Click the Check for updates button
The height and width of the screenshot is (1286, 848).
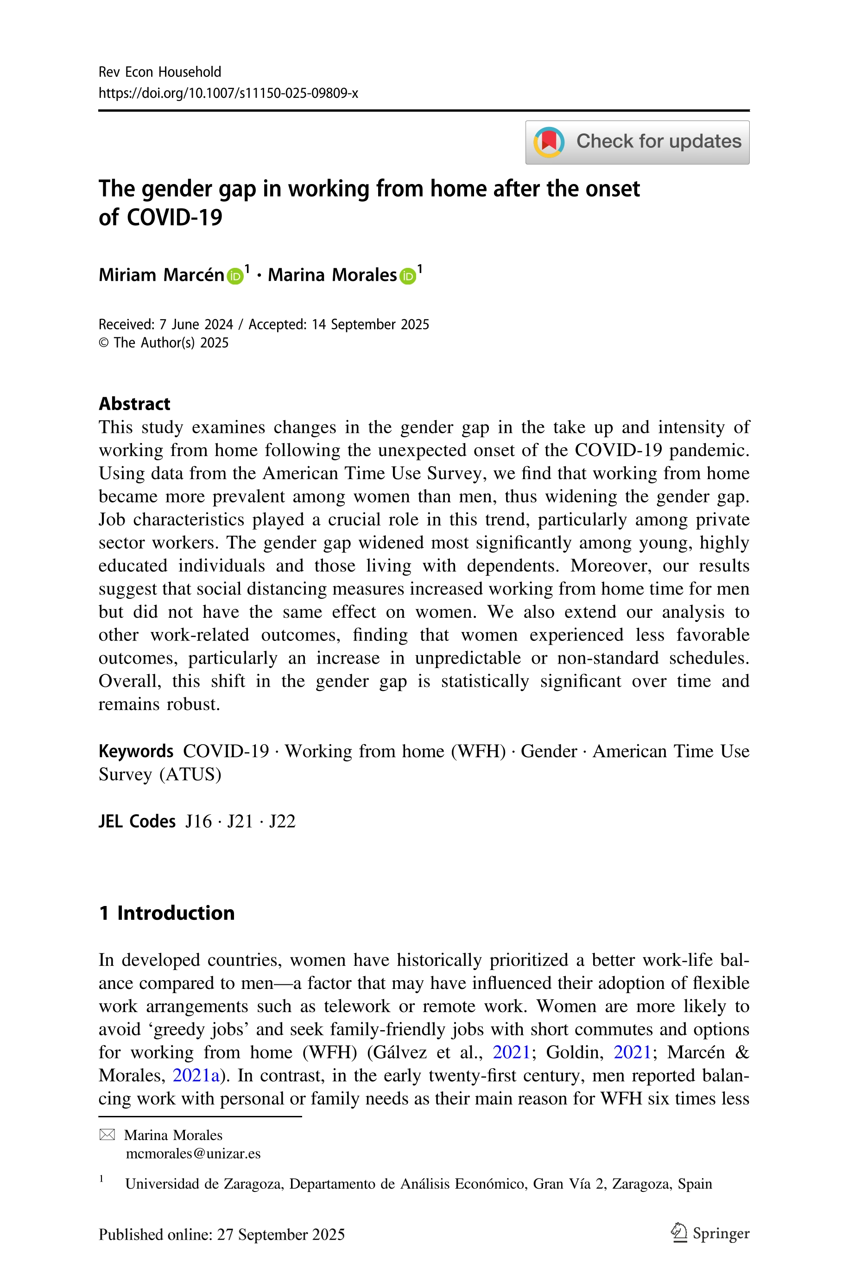click(x=637, y=142)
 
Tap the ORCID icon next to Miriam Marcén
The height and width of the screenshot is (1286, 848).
click(x=235, y=276)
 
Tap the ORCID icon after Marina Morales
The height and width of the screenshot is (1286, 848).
click(x=408, y=276)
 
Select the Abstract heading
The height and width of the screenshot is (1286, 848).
click(x=134, y=404)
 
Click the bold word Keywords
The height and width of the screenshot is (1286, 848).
click(x=136, y=751)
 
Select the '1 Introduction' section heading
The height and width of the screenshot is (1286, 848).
click(x=166, y=913)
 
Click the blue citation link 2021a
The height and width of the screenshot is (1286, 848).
click(x=196, y=1075)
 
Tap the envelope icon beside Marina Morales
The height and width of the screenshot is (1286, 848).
click(x=107, y=1135)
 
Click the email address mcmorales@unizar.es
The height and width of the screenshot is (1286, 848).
click(x=193, y=1153)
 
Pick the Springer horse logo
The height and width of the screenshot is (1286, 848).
click(x=678, y=1234)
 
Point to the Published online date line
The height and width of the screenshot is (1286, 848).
click(x=222, y=1235)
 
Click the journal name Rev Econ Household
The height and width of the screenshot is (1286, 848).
click(x=159, y=72)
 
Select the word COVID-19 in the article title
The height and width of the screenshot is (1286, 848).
click(x=174, y=217)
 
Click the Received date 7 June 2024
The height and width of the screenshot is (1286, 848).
click(x=196, y=324)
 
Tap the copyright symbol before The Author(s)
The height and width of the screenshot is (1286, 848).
click(x=104, y=343)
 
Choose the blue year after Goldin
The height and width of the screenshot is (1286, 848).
click(x=632, y=1052)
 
